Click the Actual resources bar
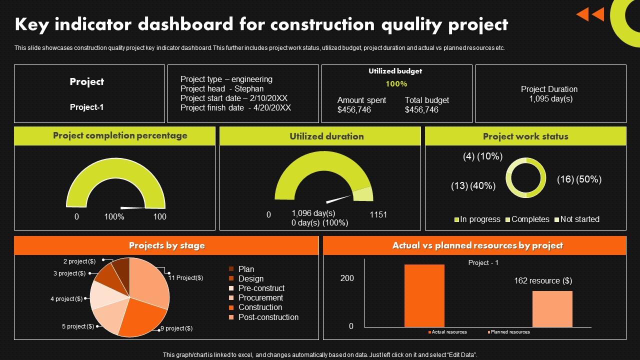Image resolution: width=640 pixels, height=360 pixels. click(x=424, y=295)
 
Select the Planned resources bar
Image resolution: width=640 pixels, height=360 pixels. click(x=552, y=309)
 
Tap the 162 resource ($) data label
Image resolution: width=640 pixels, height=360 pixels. click(x=543, y=281)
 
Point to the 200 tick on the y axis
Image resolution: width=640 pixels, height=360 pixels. click(x=347, y=278)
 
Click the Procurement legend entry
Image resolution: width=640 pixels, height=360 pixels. click(x=260, y=298)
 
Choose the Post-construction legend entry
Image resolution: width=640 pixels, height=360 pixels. click(x=268, y=317)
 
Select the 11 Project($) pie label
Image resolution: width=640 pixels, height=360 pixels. click(x=185, y=278)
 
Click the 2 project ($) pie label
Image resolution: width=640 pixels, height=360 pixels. click(x=79, y=261)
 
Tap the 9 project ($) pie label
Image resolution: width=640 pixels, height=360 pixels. click(x=176, y=328)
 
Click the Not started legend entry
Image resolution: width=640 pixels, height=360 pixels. click(x=579, y=219)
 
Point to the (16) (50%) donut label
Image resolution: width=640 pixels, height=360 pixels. click(x=579, y=179)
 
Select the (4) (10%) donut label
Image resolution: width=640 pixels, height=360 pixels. click(x=482, y=156)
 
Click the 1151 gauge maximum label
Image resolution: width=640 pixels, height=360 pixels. click(x=378, y=215)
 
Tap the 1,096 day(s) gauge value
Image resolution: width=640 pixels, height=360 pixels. click(x=313, y=213)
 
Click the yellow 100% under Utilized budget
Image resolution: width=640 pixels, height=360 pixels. click(x=396, y=84)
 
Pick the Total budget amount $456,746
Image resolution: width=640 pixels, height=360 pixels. click(x=421, y=110)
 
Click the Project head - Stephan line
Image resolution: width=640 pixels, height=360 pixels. click(x=222, y=89)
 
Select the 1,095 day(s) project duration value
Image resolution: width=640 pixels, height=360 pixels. click(x=550, y=99)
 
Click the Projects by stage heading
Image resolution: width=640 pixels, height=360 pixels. click(x=166, y=245)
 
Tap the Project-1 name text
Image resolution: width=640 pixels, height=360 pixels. click(x=86, y=107)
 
